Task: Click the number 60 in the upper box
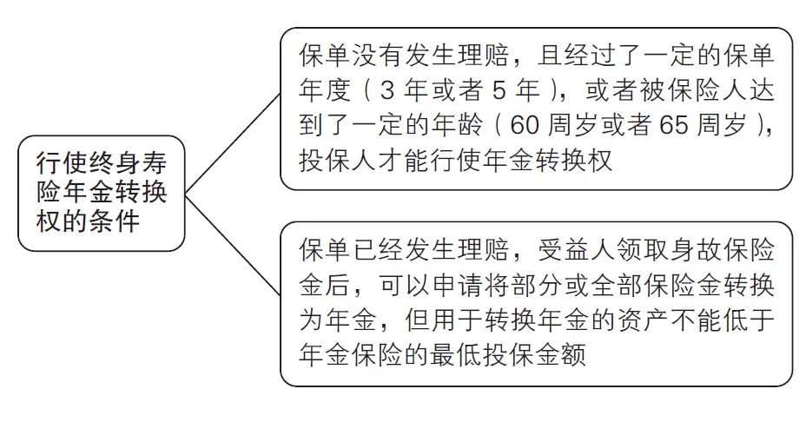click(527, 127)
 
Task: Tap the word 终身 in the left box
click(122, 162)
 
